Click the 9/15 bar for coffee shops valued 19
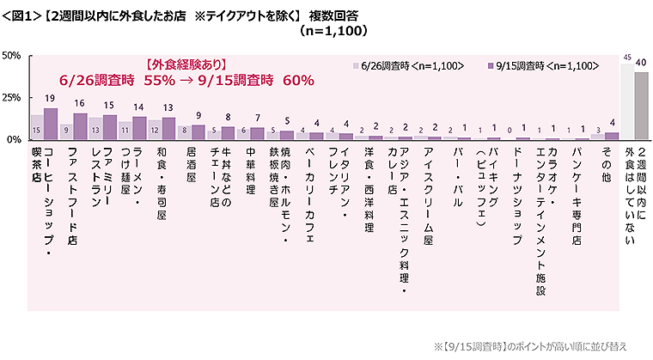[51, 124]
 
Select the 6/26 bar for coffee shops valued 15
[36, 127]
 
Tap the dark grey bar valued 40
[641, 105]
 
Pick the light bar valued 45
[626, 101]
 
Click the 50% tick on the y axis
[12, 57]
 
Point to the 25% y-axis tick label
[12, 98]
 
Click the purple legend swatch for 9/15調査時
[490, 65]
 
